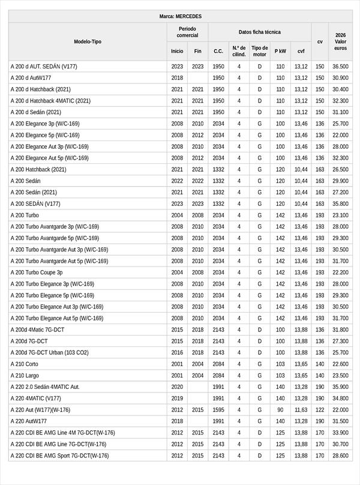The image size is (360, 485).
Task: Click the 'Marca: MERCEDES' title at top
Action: (x=180, y=16)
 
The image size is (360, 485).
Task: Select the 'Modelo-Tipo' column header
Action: (x=88, y=41)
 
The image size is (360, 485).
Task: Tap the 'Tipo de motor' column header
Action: (x=260, y=51)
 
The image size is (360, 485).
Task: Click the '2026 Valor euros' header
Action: (x=340, y=41)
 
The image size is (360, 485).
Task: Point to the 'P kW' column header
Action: (x=280, y=51)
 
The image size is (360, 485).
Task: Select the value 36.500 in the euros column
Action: (x=340, y=67)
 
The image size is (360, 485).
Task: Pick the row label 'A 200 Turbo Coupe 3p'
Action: (x=37, y=273)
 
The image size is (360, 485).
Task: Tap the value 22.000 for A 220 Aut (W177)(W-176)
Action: (x=340, y=410)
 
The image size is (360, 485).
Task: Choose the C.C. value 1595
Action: (x=218, y=410)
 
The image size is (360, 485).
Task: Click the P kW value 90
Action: (x=280, y=410)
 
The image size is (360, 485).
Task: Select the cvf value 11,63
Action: (x=301, y=410)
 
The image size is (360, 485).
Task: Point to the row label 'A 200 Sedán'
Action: (x=26, y=181)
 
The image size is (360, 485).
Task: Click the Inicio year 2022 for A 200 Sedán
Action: (x=177, y=181)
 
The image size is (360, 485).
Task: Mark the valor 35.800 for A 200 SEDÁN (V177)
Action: (x=340, y=204)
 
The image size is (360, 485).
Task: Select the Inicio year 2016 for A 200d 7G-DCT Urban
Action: (x=177, y=353)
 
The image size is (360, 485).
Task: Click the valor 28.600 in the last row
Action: (x=340, y=456)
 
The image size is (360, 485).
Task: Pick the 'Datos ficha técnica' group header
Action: (x=259, y=32)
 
